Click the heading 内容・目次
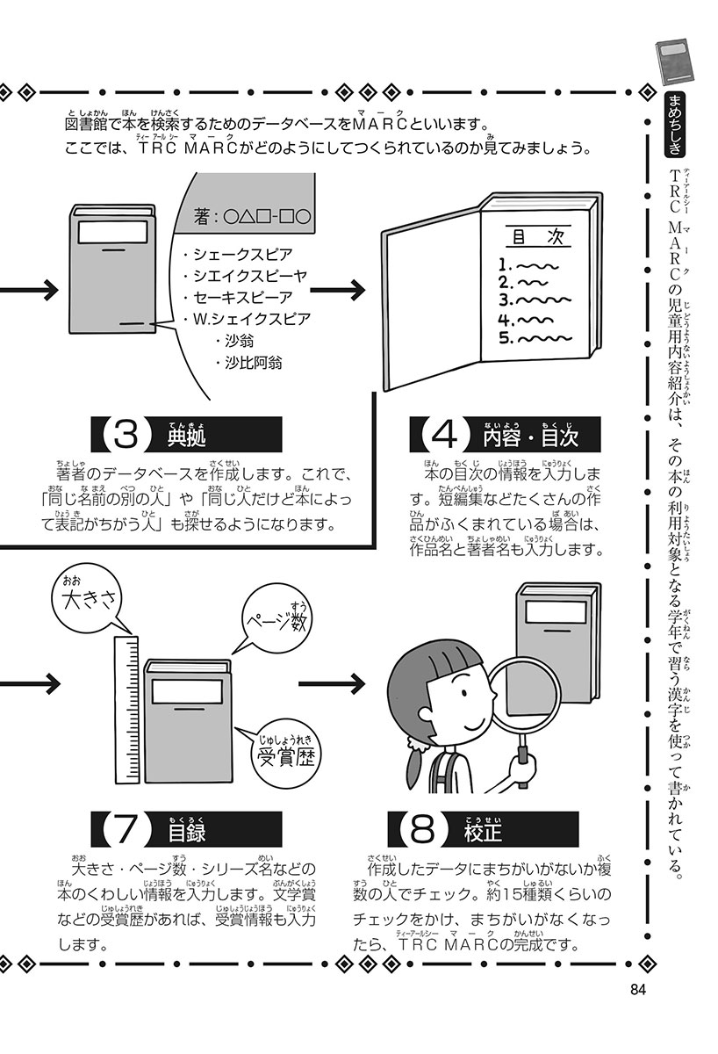click(529, 435)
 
